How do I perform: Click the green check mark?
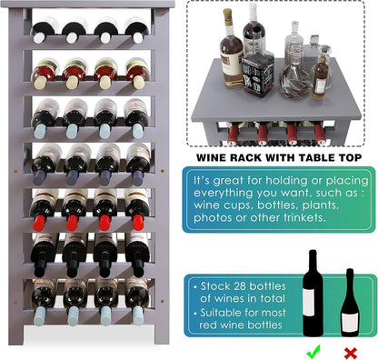(313, 352)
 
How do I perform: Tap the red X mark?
(351, 353)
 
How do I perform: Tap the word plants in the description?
(320, 205)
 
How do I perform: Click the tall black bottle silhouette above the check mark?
(313, 294)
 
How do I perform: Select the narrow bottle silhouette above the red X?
(350, 303)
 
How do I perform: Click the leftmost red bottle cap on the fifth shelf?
(39, 223)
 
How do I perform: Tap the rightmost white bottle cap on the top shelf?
(138, 37)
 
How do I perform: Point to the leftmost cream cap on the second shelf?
(40, 82)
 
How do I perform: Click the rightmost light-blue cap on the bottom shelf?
(138, 315)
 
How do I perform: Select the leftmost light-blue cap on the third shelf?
(40, 131)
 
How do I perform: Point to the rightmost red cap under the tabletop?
(320, 134)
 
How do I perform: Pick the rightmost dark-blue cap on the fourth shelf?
(138, 178)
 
